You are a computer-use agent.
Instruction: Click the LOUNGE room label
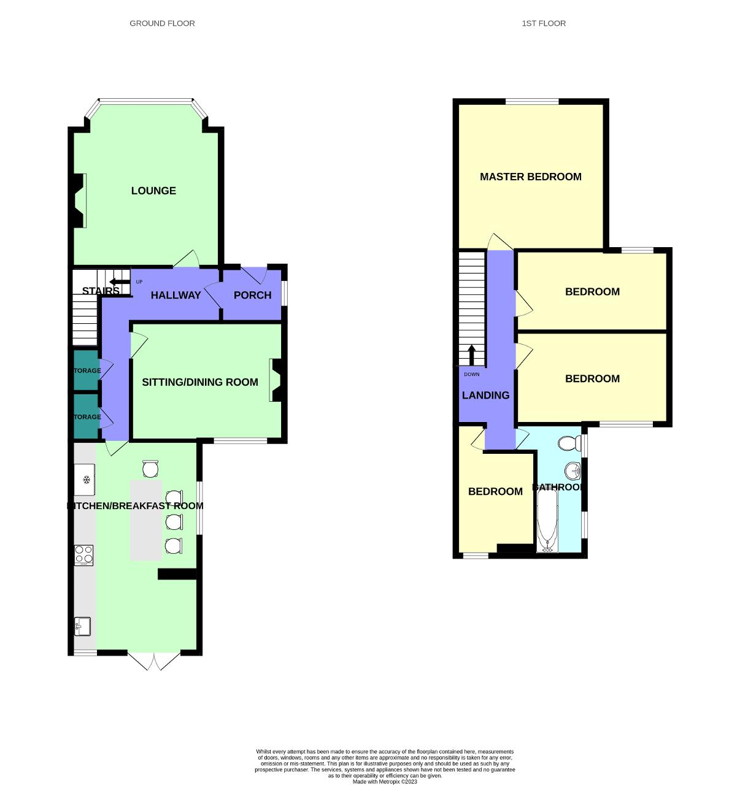153,191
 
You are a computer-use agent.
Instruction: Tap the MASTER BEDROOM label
530,177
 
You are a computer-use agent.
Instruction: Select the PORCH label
252,295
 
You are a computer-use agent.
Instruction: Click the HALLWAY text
175,295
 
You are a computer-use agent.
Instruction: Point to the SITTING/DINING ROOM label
200,382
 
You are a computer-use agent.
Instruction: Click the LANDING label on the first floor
485,395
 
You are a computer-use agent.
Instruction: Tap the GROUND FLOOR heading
162,23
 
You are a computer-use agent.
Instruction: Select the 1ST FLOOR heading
544,23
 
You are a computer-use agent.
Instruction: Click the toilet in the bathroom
571,443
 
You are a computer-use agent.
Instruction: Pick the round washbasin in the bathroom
572,471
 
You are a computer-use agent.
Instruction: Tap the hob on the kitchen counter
83,555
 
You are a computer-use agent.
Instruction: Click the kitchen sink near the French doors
82,626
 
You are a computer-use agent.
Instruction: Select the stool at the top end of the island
150,469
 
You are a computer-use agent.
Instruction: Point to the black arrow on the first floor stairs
472,355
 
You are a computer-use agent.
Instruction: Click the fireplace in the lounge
79,201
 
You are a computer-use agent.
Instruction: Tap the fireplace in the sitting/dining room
276,381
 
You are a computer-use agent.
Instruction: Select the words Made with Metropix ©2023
385,781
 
